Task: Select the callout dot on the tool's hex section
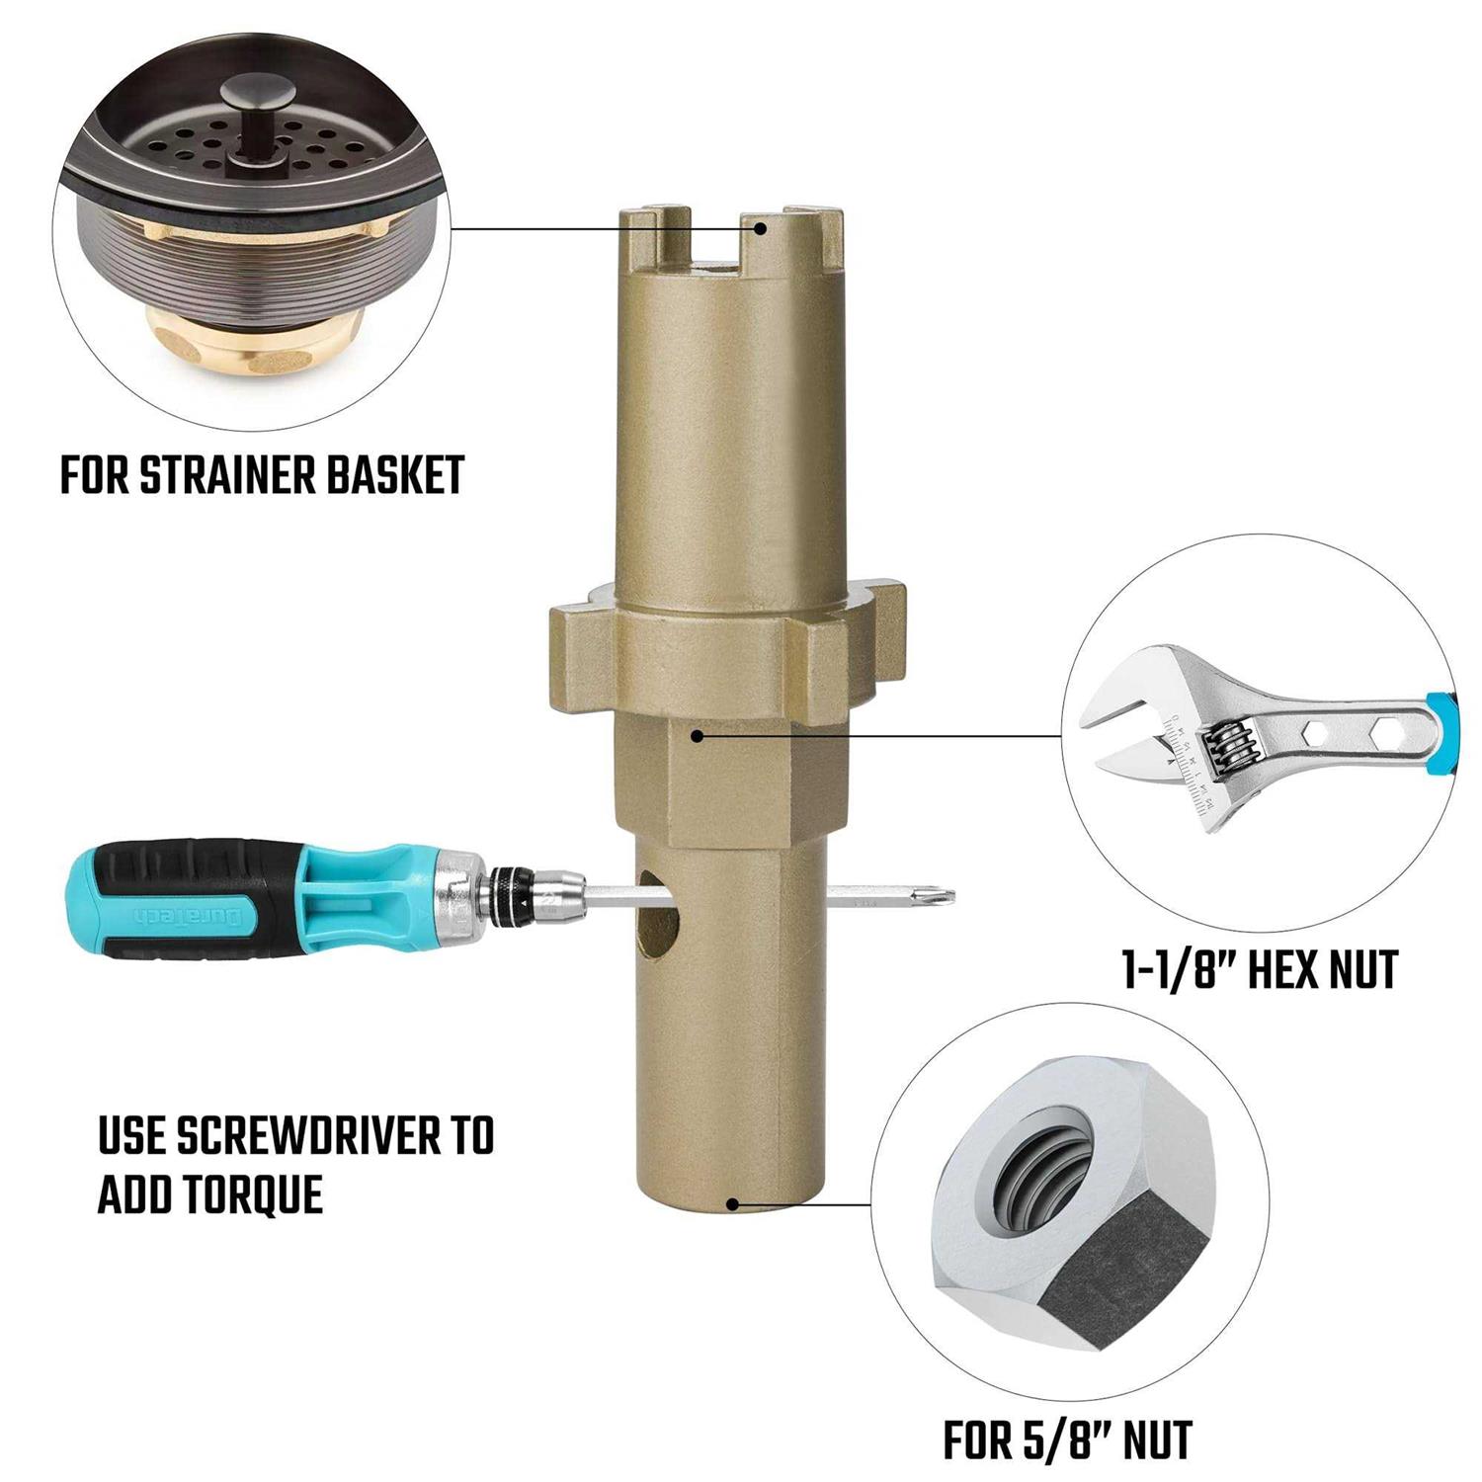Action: (698, 735)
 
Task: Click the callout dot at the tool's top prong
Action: (761, 228)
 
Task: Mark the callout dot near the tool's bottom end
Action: (732, 1203)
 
